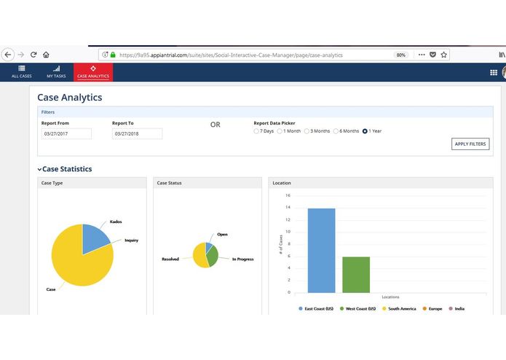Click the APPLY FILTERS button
coord(470,144)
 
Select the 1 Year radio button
coord(365,131)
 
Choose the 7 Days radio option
coord(256,131)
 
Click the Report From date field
coord(66,134)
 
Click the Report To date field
coord(137,134)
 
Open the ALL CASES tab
coord(21,71)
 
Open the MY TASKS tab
coord(56,71)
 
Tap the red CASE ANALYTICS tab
coord(93,71)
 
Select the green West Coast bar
coord(356,274)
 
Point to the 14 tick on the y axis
coord(288,208)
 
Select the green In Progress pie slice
coord(213,256)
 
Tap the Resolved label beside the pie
coord(170,259)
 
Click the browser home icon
coord(46,55)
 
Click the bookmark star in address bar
coord(444,55)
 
